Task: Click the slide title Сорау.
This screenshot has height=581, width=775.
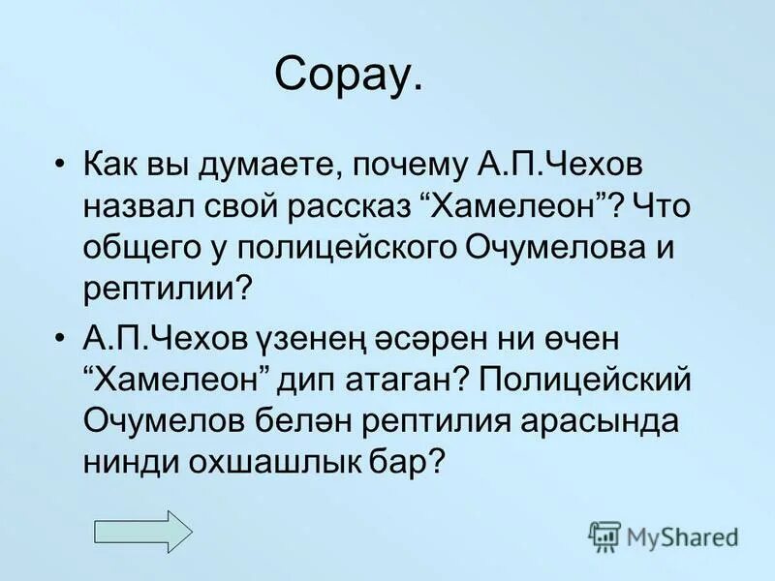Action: click(x=349, y=75)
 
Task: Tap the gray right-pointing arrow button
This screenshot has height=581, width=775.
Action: click(x=142, y=531)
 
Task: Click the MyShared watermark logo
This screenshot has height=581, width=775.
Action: click(x=664, y=535)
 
